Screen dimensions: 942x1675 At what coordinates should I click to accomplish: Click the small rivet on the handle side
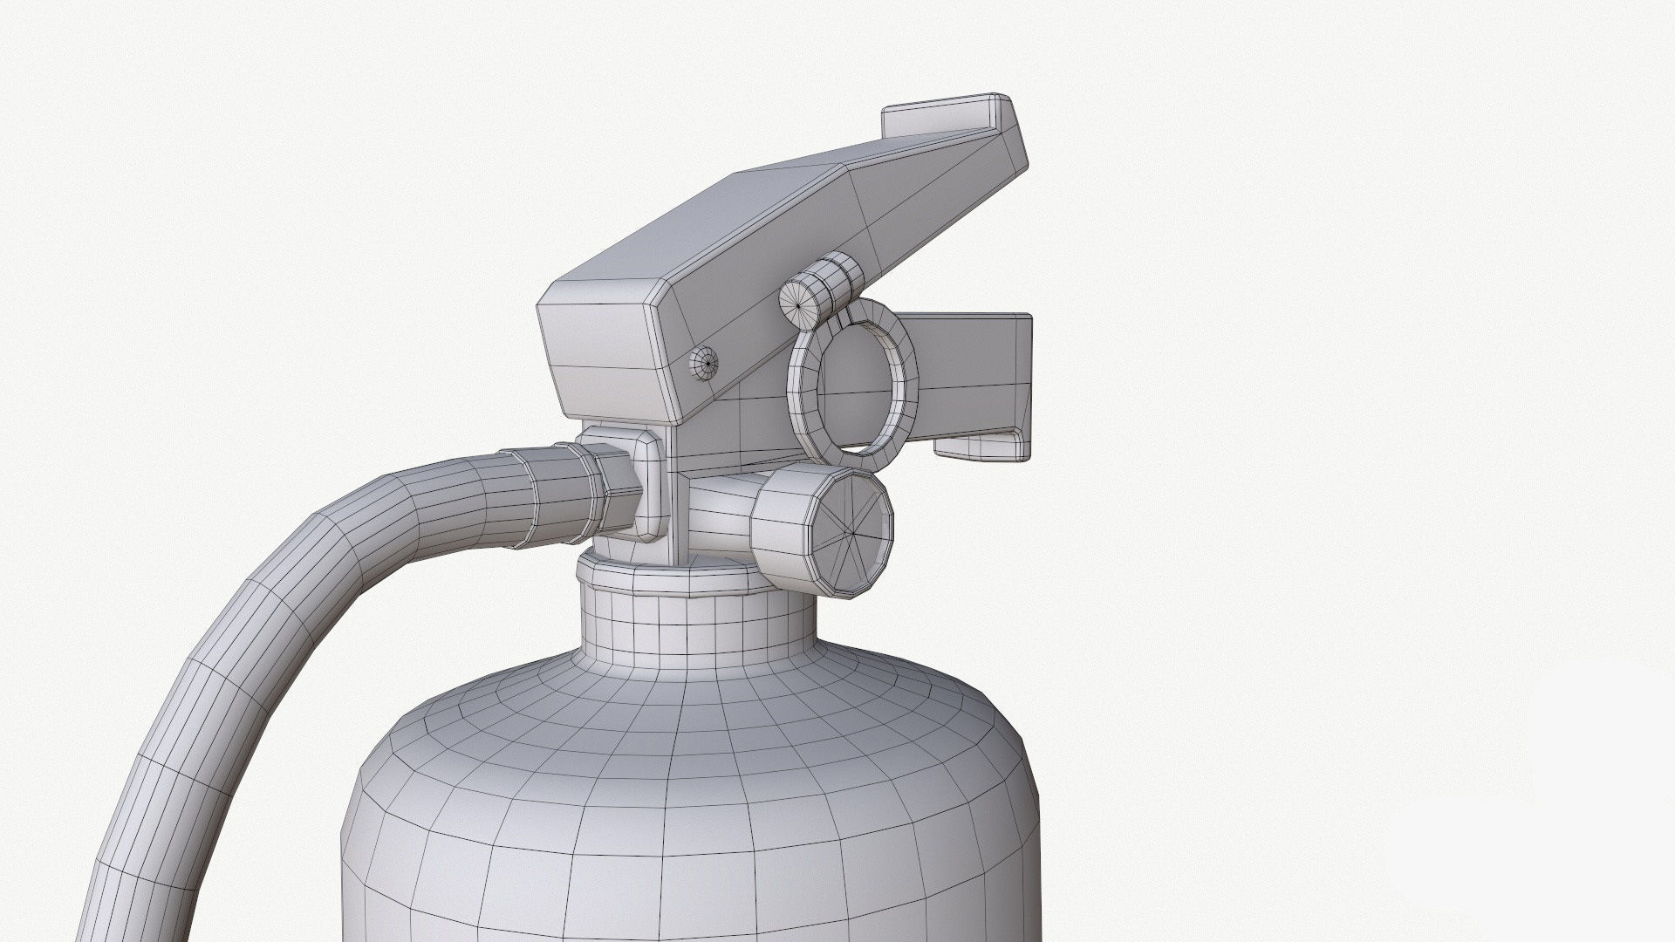click(704, 359)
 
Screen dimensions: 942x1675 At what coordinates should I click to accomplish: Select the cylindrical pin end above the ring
click(801, 301)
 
